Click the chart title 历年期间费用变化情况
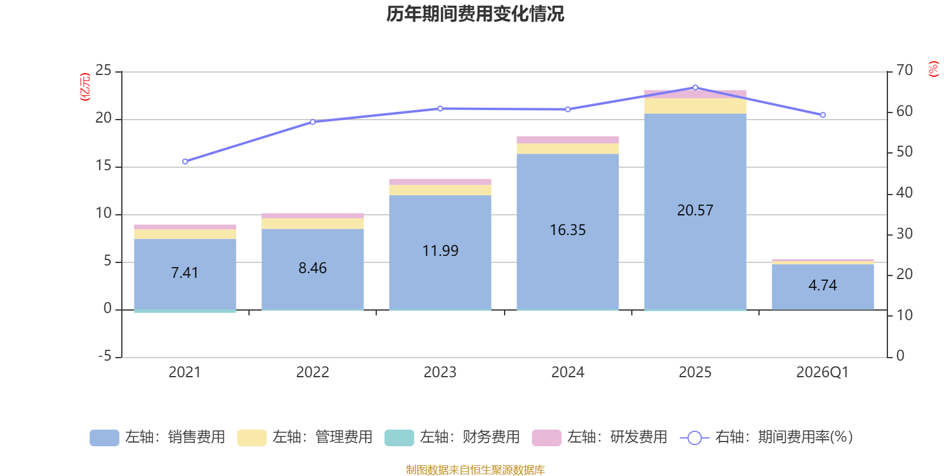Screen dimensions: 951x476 pyautogui.click(x=475, y=14)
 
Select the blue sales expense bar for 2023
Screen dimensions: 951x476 pyautogui.click(x=440, y=252)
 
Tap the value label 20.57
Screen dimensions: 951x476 pyautogui.click(x=695, y=211)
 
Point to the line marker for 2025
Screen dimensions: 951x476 pyautogui.click(x=695, y=87)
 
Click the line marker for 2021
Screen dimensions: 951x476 pyautogui.click(x=185, y=161)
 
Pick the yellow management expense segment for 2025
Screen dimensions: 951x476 pyautogui.click(x=695, y=106)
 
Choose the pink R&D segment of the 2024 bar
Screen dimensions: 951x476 pyautogui.click(x=568, y=140)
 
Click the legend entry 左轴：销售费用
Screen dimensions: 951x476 pyautogui.click(x=158, y=437)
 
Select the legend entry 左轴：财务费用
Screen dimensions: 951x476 pyautogui.click(x=452, y=437)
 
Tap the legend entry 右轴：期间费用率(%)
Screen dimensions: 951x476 pyautogui.click(x=766, y=437)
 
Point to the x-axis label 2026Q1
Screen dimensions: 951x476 pyautogui.click(x=823, y=372)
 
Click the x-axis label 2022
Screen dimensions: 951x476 pyautogui.click(x=313, y=372)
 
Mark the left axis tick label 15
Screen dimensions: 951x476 pyautogui.click(x=103, y=166)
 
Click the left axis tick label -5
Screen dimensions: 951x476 pyautogui.click(x=105, y=356)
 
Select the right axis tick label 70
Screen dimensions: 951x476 pyautogui.click(x=904, y=70)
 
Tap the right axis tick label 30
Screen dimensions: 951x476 pyautogui.click(x=904, y=234)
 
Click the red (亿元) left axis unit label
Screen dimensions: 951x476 pyautogui.click(x=85, y=87)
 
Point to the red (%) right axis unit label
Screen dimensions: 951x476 pyautogui.click(x=933, y=69)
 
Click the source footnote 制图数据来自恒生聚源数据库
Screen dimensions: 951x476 pyautogui.click(x=475, y=469)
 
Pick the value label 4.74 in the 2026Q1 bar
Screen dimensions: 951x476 pyautogui.click(x=823, y=285)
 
